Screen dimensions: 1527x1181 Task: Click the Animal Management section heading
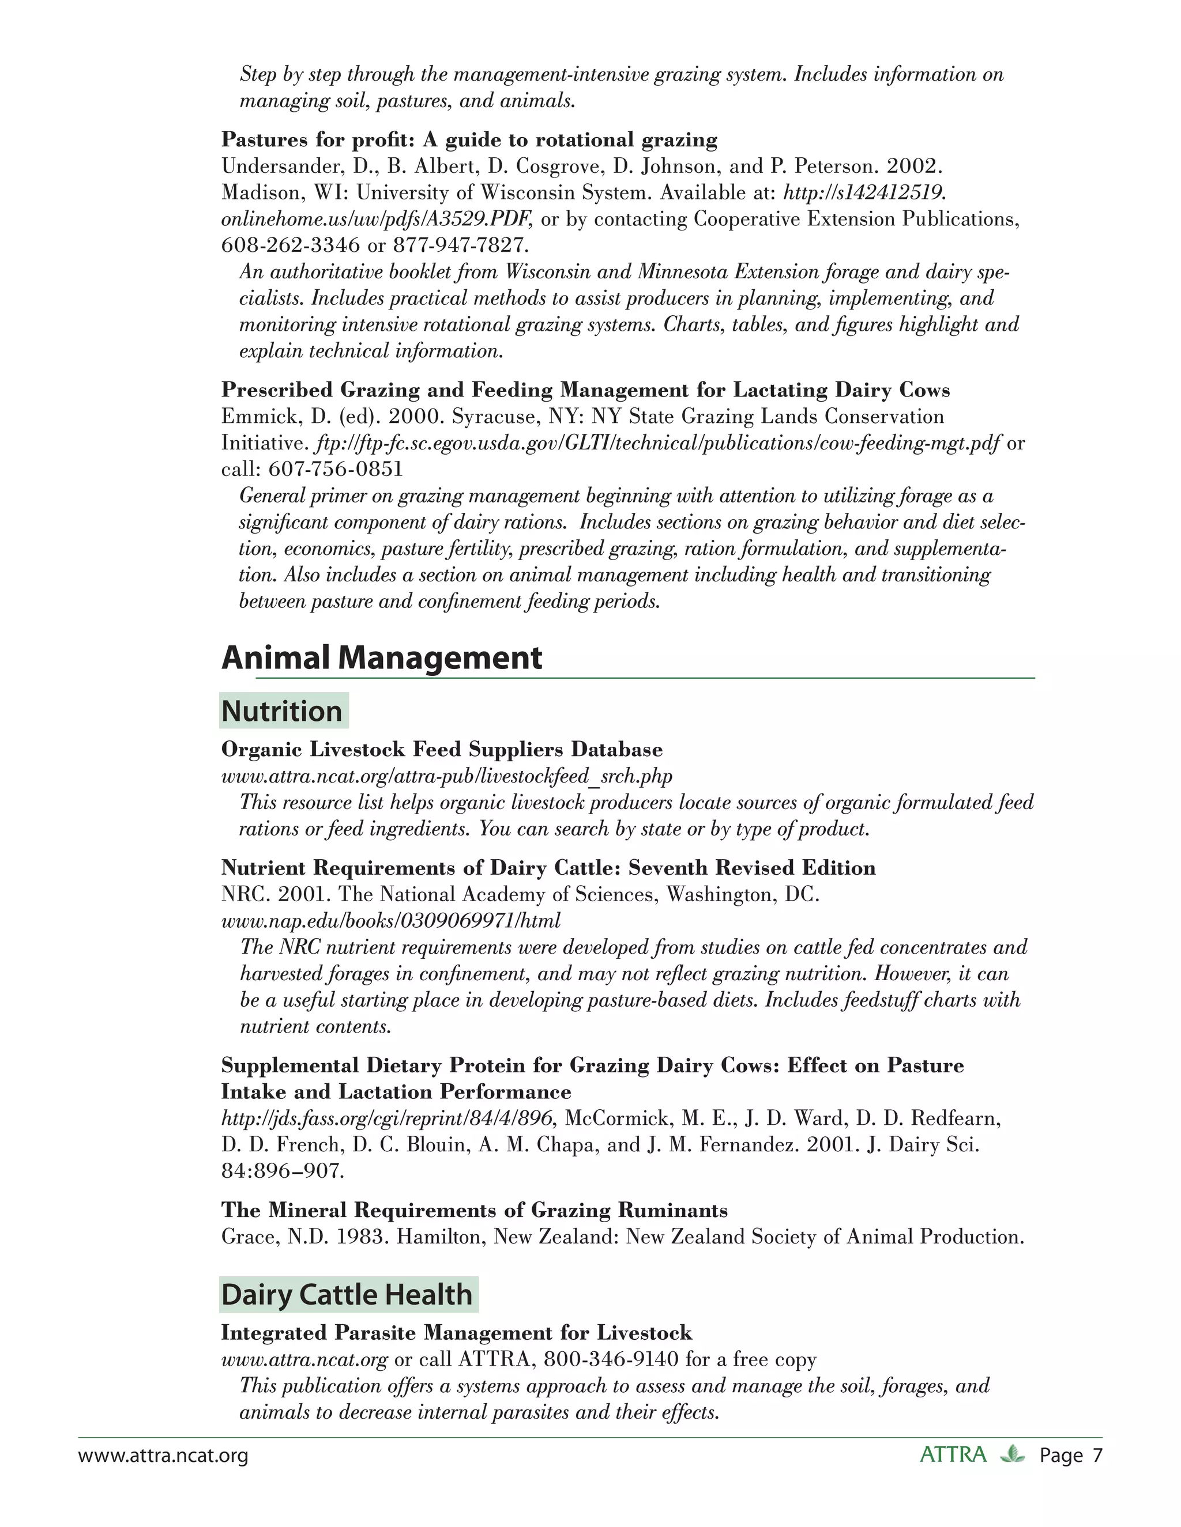click(381, 658)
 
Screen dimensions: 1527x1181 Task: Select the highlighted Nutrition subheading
click(282, 711)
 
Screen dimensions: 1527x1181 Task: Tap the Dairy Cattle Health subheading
click(347, 1294)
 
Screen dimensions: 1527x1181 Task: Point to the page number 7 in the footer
click(1097, 1456)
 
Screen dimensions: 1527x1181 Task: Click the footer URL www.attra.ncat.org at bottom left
click(163, 1456)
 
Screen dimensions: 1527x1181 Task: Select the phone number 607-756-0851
click(336, 469)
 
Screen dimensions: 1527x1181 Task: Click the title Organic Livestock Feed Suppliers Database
click(442, 750)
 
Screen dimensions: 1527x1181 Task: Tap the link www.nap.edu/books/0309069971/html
click(390, 921)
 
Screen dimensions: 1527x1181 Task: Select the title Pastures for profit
click(469, 140)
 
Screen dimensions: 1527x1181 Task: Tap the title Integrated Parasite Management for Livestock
click(456, 1333)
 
